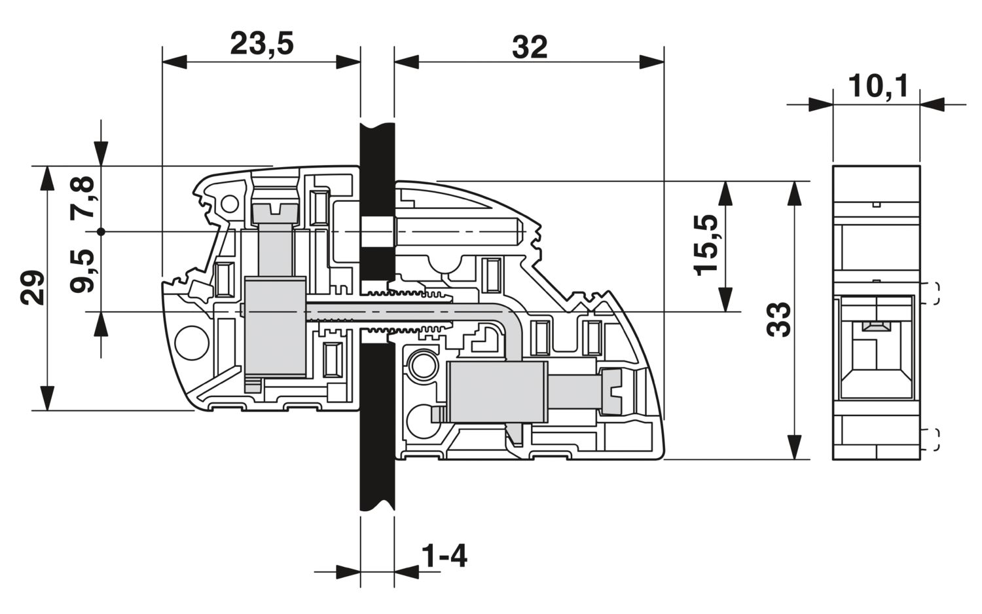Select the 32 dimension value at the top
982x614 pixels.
(x=530, y=47)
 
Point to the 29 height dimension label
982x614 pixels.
(x=33, y=288)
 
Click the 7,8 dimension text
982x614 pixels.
(x=82, y=197)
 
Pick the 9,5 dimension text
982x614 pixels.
(x=82, y=271)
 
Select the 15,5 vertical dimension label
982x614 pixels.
(x=705, y=245)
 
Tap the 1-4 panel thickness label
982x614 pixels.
(x=444, y=556)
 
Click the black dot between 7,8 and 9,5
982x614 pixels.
(x=101, y=232)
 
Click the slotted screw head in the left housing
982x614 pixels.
(x=276, y=215)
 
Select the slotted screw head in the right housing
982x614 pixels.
(x=612, y=392)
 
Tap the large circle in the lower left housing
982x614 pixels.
(x=192, y=343)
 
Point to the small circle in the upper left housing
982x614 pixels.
(x=229, y=204)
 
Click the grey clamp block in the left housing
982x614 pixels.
(x=275, y=327)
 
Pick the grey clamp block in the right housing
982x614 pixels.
(x=497, y=392)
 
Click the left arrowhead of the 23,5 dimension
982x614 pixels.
(x=175, y=62)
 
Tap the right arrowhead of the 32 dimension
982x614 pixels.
(x=651, y=62)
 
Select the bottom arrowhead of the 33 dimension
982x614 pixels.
(x=794, y=447)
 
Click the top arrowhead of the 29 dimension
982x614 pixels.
(x=47, y=178)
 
